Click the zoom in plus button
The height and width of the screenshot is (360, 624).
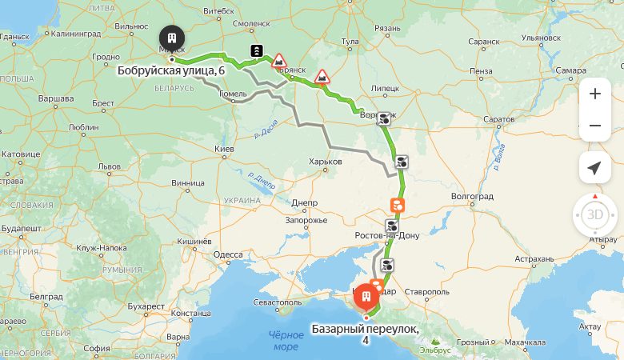click(594, 94)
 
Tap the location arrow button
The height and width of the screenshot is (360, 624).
click(594, 168)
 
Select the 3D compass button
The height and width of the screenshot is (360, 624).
click(595, 215)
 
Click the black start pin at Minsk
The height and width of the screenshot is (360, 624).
click(171, 38)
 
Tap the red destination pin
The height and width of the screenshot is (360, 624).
click(366, 298)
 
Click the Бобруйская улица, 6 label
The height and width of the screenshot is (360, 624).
click(170, 70)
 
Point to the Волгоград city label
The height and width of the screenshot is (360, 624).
click(474, 194)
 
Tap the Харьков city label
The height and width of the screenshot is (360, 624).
click(325, 162)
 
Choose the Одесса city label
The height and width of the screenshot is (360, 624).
click(228, 254)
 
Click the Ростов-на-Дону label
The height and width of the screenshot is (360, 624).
click(387, 235)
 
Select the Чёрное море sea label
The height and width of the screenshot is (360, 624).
click(286, 341)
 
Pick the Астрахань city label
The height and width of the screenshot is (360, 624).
click(534, 259)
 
